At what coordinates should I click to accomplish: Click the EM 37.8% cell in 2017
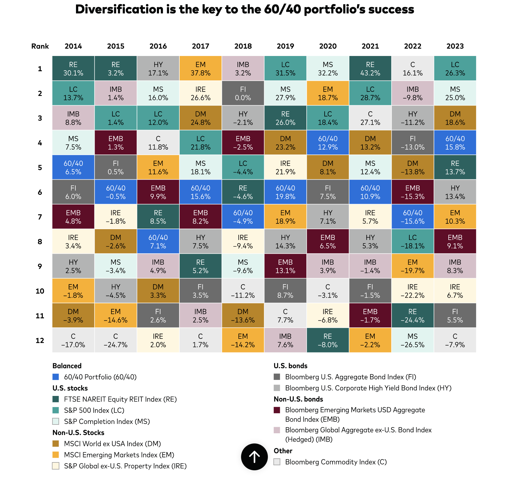coord(200,69)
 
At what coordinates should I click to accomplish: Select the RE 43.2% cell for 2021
coord(370,69)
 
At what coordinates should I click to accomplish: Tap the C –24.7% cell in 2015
coord(116,340)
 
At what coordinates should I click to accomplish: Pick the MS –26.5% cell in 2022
coord(413,340)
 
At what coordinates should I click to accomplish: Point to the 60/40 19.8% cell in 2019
coord(285,192)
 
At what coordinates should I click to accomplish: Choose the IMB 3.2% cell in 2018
coord(243,69)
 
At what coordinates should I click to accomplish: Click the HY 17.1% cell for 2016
coord(158,69)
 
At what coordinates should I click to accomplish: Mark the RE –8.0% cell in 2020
coord(328,340)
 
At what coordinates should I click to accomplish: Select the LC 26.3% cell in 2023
coord(455,69)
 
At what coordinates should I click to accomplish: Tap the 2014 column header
coord(73,46)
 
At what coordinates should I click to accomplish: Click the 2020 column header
coord(328,46)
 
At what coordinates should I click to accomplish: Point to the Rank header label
coord(40,46)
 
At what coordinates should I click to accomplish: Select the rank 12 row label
coord(40,340)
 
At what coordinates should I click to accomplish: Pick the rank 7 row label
coord(40,217)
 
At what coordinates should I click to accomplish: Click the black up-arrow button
coord(254,457)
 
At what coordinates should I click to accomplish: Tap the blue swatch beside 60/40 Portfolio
coord(56,377)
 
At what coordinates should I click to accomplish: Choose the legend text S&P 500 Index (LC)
coord(94,410)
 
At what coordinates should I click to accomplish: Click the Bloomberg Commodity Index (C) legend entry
coord(336,462)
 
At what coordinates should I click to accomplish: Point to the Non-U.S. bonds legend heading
coord(298,399)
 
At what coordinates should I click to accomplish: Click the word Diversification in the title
coord(119,9)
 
